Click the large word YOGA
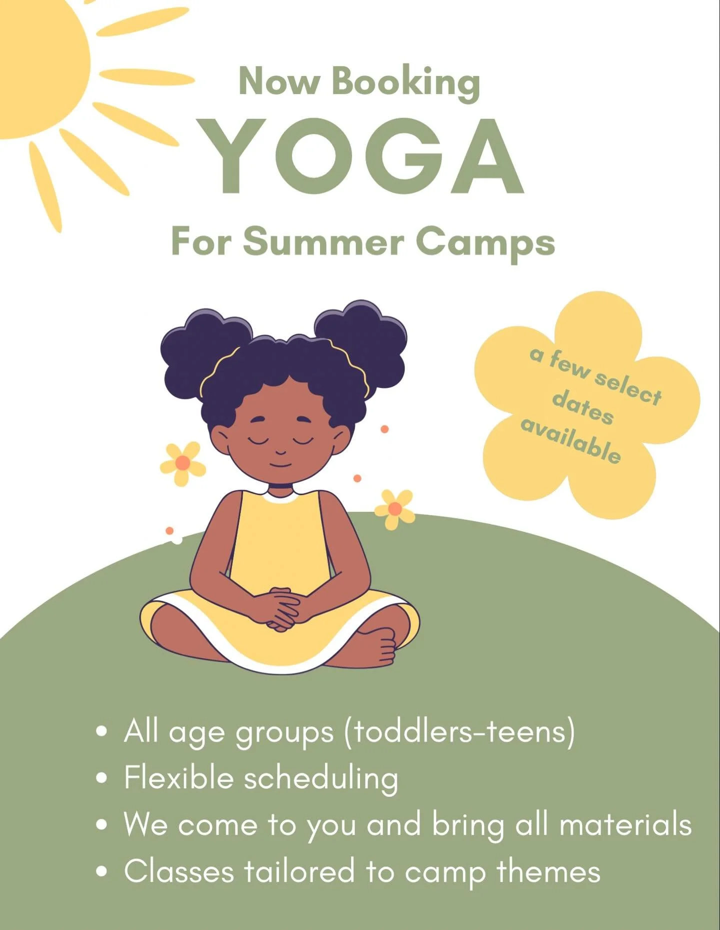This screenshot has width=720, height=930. pyautogui.click(x=359, y=156)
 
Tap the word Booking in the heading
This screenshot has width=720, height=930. pyautogui.click(x=405, y=82)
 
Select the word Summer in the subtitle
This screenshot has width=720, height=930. pyautogui.click(x=323, y=242)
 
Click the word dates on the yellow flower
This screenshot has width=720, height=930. pyautogui.click(x=583, y=407)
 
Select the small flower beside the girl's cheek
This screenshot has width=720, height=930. pyautogui.click(x=182, y=463)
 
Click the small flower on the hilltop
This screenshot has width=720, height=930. pyautogui.click(x=395, y=509)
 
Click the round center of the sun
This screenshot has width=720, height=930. pyautogui.click(x=35, y=65)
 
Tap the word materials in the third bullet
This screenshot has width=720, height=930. pyautogui.click(x=625, y=825)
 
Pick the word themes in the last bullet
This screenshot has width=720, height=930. pyautogui.click(x=548, y=872)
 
